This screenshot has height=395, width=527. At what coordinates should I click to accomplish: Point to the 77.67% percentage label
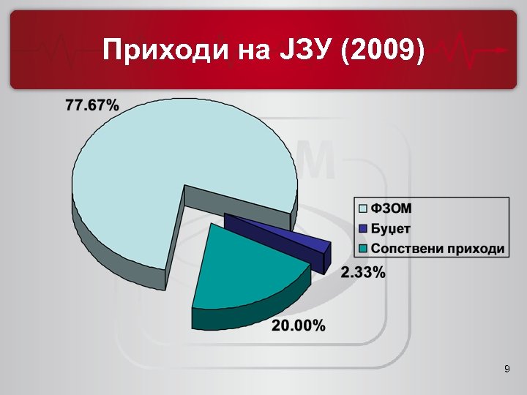(x=92, y=105)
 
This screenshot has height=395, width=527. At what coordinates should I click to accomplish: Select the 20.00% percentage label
(x=299, y=326)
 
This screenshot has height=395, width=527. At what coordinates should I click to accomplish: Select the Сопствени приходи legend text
(x=438, y=248)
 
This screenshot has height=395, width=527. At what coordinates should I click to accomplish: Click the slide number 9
(x=507, y=369)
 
